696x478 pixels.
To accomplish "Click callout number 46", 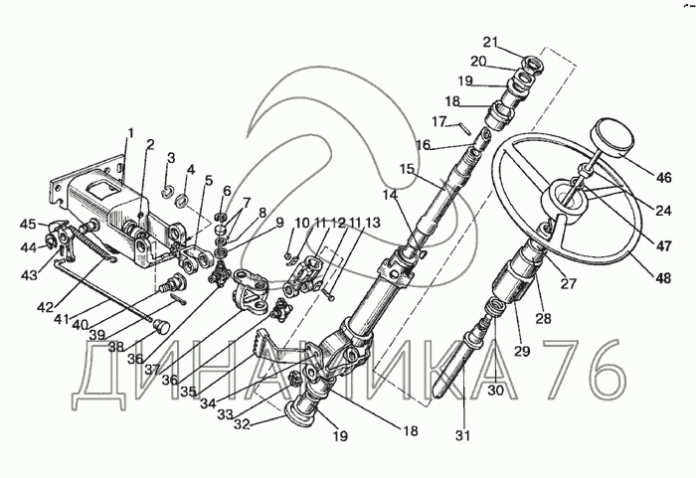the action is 664,178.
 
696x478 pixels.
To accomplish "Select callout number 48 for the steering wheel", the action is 664,278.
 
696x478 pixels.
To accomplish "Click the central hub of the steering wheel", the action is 568,201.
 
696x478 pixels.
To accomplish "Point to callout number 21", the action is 490,42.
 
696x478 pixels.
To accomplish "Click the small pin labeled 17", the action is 464,127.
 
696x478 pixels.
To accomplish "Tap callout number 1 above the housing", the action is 131,133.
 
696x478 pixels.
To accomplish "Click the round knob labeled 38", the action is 162,327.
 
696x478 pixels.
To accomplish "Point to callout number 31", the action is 462,435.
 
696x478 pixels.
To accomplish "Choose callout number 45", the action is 29,225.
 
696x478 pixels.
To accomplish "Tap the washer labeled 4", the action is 182,201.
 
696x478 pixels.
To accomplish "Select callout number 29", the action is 522,351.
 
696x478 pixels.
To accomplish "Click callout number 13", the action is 373,222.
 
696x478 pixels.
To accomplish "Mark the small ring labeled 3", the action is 167,192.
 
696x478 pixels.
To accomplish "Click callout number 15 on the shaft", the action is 407,169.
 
